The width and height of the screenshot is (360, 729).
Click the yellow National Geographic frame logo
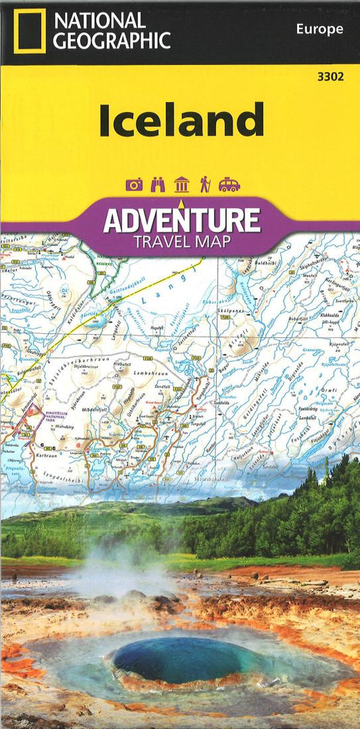[28, 30]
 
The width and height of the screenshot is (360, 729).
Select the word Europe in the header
[319, 29]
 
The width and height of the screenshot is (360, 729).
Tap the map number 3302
[330, 76]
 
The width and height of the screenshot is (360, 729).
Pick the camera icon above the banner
[134, 184]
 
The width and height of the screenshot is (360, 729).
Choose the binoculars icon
[157, 184]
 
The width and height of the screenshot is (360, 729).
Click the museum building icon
[181, 184]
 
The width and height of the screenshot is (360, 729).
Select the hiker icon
[204, 184]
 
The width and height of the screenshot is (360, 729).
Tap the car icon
[229, 184]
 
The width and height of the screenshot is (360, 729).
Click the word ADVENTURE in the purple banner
[181, 220]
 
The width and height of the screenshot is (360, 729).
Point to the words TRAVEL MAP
[181, 242]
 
